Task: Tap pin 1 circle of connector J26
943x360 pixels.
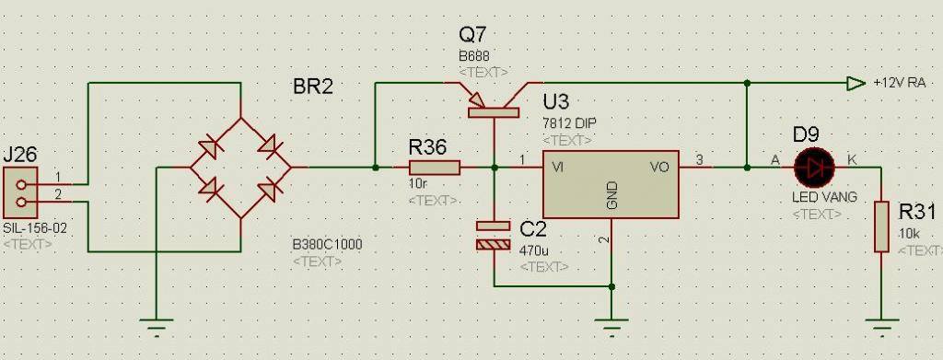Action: pyautogui.click(x=22, y=185)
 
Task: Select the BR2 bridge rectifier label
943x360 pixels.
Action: pyautogui.click(x=313, y=87)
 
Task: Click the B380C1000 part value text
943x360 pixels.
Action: pyautogui.click(x=327, y=245)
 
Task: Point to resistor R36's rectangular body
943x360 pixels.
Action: pyautogui.click(x=435, y=168)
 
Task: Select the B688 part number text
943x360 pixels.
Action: pyautogui.click(x=473, y=57)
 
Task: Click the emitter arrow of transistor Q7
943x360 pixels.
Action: pyautogui.click(x=474, y=98)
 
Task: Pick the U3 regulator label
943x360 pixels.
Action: pyautogui.click(x=555, y=100)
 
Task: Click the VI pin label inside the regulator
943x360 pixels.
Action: pyautogui.click(x=557, y=168)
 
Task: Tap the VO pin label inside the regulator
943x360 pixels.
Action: pyautogui.click(x=659, y=168)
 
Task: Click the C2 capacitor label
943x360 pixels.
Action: pyautogui.click(x=532, y=229)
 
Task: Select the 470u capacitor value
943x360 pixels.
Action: pyautogui.click(x=531, y=250)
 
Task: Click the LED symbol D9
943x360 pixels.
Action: pyautogui.click(x=814, y=168)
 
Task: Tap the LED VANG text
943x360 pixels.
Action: pyautogui.click(x=824, y=197)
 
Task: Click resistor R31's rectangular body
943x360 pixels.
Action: pyautogui.click(x=881, y=227)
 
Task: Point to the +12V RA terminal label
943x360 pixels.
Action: pyautogui.click(x=899, y=84)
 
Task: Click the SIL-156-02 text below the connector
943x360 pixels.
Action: pyautogui.click(x=35, y=228)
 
